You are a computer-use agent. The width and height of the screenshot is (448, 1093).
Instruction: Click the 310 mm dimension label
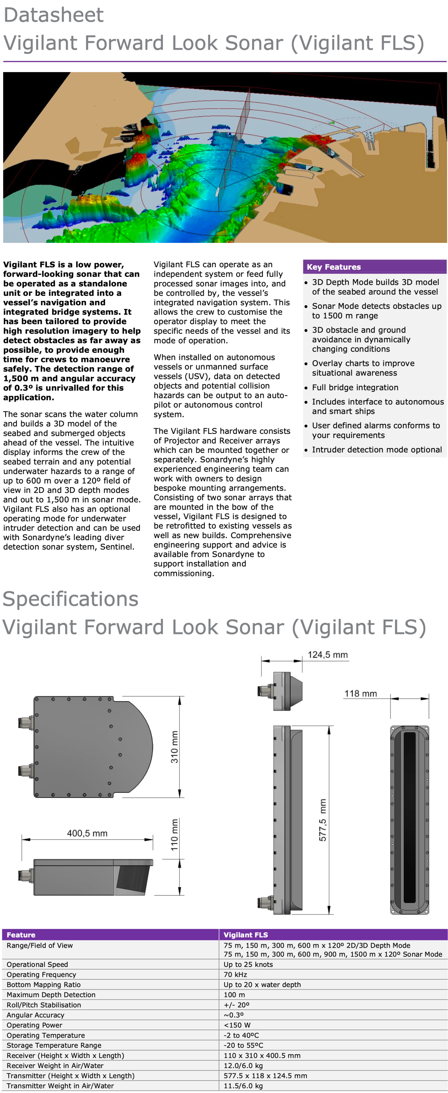(x=174, y=747)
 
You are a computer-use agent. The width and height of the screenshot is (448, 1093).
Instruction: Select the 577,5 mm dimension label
(x=323, y=820)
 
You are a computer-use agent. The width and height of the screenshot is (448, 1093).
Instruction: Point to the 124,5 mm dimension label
(x=328, y=655)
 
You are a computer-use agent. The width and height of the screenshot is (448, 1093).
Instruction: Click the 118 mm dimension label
(x=360, y=693)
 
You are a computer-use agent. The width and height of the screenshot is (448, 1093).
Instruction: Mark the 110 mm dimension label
(x=174, y=835)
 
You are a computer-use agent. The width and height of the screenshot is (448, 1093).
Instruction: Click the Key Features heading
(x=334, y=267)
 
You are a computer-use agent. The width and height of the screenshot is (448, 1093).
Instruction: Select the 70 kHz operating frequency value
(x=235, y=974)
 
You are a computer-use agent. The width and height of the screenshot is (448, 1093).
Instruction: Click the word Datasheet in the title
(x=53, y=15)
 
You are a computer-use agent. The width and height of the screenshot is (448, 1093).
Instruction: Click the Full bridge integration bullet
(x=355, y=387)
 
